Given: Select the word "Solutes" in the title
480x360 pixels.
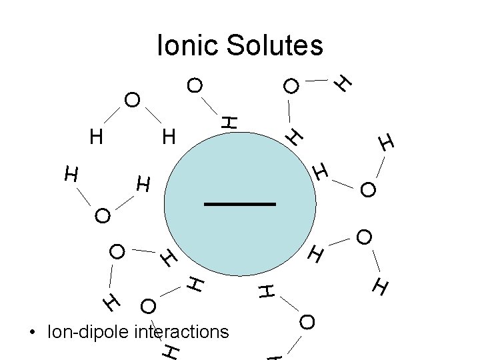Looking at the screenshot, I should click(x=275, y=45).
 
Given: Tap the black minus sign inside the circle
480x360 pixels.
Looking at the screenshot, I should click(x=240, y=204).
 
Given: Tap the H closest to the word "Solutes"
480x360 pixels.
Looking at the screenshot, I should click(x=343, y=82).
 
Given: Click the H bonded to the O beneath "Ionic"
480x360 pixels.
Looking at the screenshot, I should click(x=229, y=122).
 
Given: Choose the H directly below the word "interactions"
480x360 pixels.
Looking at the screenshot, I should click(x=171, y=351).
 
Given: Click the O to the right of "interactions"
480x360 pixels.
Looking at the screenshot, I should click(x=307, y=323).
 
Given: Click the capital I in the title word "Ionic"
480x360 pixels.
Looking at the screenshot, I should click(x=159, y=45).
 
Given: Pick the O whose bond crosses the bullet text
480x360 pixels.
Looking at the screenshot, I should click(x=148, y=307).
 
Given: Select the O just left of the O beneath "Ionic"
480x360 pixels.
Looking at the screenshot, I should click(x=132, y=101).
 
